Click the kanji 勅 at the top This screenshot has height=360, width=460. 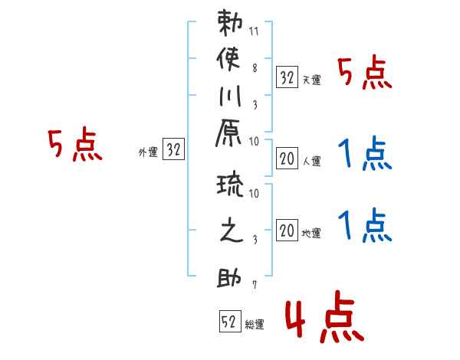pos(230,23)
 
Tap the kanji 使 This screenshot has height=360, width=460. pos(228,59)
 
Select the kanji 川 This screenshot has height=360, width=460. pos(230,96)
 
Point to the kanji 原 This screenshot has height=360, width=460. pos(228,133)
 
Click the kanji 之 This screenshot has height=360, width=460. pos(232,230)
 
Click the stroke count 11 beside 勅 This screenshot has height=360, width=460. pos(254,31)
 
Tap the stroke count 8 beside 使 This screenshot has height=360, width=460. pos(255,68)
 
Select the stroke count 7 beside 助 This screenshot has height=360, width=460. pos(255,285)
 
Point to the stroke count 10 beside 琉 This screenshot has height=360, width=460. pos(254,193)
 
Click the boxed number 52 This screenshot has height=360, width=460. pos(230,321)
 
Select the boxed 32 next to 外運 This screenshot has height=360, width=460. pos(173,149)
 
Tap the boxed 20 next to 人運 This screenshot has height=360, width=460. pos(287,159)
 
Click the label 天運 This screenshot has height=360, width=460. pos(312,80)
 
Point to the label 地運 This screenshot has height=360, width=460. pos(311,234)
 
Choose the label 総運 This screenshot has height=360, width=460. pos(255,325)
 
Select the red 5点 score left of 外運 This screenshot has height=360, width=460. pos(75,144)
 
